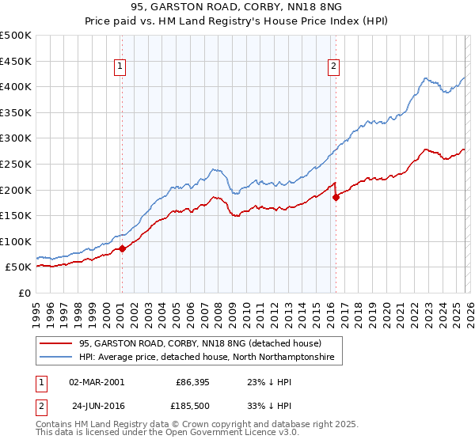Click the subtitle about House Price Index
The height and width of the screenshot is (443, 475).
coord(237,21)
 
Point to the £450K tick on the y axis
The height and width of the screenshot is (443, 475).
coord(16,61)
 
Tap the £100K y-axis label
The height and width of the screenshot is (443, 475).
coord(16,241)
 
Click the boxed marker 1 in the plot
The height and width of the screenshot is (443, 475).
coord(120,67)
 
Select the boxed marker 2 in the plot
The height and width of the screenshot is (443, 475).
coord(334,67)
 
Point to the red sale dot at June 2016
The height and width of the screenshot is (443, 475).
coord(335,197)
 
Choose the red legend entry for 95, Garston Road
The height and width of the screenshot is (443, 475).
coord(199,344)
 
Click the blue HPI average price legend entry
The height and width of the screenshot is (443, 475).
coord(206,358)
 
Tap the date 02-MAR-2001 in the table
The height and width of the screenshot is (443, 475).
coord(97,381)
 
